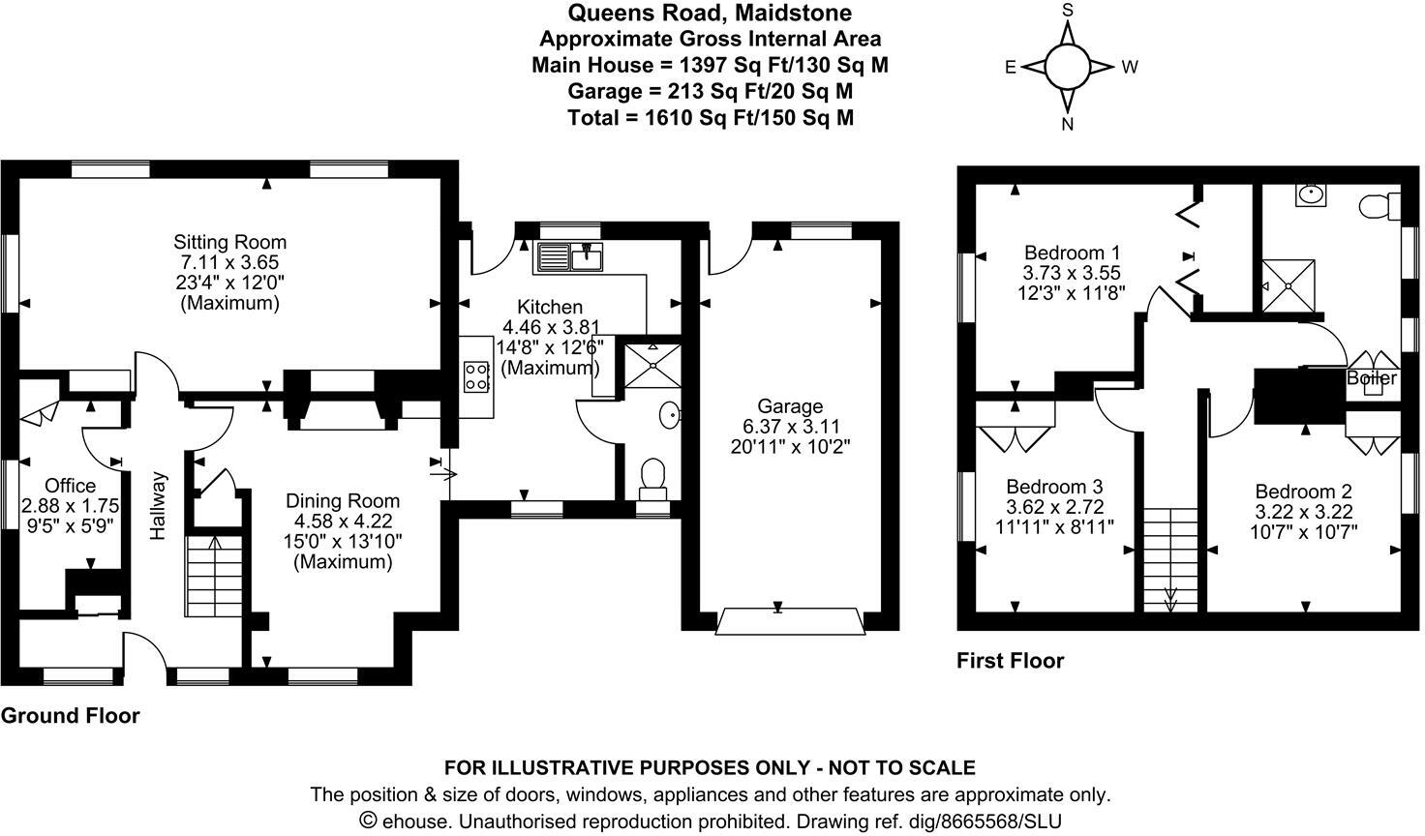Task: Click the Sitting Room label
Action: tap(229, 242)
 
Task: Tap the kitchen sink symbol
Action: tap(571, 257)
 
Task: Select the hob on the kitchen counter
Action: tap(477, 375)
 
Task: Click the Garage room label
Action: tap(790, 406)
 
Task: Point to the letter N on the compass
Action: tap(1068, 124)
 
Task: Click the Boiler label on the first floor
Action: tap(1371, 378)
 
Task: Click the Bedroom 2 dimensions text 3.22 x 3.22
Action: tap(1303, 512)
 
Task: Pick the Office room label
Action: tap(71, 486)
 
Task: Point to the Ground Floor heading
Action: tap(70, 716)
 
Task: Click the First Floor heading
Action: tap(1010, 661)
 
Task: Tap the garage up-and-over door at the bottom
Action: tap(788, 621)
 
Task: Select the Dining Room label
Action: tap(342, 500)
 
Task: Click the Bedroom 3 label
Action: tap(1054, 486)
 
